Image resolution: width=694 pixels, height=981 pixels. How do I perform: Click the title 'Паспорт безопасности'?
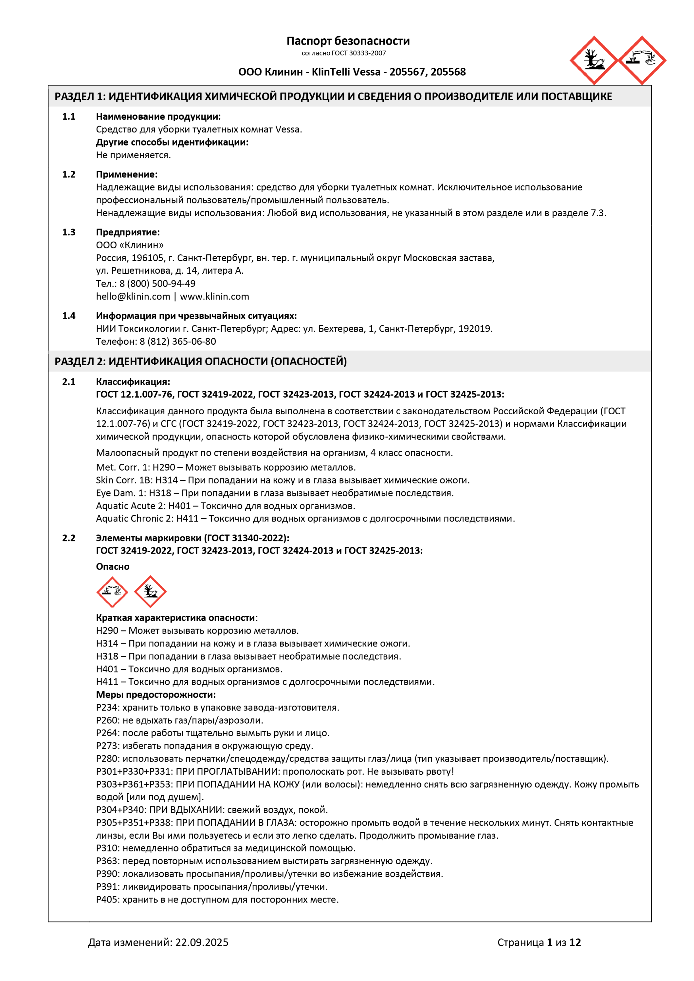[x=348, y=41]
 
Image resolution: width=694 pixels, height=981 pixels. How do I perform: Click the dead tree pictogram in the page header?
[x=594, y=60]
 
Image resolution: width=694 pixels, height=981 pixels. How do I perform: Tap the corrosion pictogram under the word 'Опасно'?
[x=112, y=592]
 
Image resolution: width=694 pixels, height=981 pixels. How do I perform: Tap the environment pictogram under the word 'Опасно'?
[x=150, y=592]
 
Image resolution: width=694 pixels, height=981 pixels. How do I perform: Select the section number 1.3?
[x=68, y=232]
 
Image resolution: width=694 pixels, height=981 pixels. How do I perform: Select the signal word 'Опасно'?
[x=113, y=567]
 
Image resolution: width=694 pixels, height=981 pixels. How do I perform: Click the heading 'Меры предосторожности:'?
[x=155, y=695]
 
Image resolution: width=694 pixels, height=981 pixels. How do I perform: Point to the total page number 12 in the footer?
[x=575, y=942]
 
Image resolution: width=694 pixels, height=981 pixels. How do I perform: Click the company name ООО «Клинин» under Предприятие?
[x=130, y=245]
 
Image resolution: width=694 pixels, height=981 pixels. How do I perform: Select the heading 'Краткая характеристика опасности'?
[x=175, y=618]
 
